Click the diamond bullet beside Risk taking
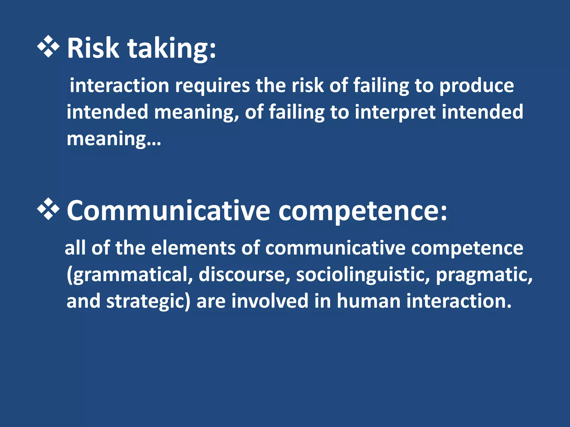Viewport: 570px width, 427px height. click(48, 46)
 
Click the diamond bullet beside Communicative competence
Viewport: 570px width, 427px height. click(48, 209)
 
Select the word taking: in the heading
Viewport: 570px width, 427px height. click(171, 49)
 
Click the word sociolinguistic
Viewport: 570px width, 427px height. click(363, 275)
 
